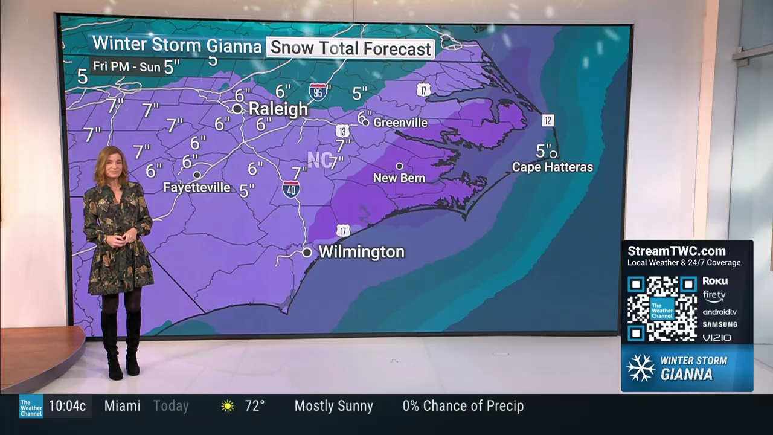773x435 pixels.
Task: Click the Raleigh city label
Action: tap(278, 109)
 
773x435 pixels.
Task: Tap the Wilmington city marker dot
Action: tap(307, 252)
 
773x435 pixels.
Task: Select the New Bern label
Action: tap(399, 178)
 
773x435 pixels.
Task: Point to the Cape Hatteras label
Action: tap(553, 167)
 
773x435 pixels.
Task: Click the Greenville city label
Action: tap(400, 123)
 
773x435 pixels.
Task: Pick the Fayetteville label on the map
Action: tap(197, 187)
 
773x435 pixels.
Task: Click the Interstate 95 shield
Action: tap(318, 92)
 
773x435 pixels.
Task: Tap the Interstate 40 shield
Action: tap(291, 189)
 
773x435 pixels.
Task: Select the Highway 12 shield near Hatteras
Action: tap(548, 120)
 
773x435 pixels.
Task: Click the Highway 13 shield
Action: tap(342, 131)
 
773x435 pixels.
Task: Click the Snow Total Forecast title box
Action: tap(350, 48)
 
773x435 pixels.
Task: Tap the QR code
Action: tap(662, 308)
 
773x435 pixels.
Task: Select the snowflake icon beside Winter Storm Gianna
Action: tap(641, 367)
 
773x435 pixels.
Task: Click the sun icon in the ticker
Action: tap(228, 406)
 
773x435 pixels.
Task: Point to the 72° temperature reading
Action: tap(255, 406)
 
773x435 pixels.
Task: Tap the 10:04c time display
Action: tap(67, 406)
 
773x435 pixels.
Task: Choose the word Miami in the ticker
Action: tap(122, 406)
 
